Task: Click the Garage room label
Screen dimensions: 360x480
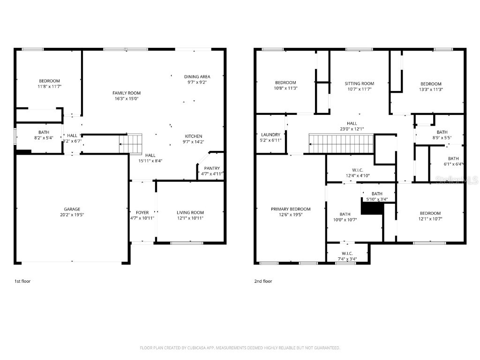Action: tap(72, 209)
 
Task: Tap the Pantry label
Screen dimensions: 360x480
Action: tap(212, 168)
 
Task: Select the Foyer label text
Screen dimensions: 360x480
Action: tap(142, 212)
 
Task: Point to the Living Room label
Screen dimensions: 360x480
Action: tap(190, 212)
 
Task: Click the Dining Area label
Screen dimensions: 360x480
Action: tap(197, 76)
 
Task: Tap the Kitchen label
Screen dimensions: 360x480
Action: tap(193, 136)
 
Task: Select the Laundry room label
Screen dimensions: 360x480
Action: tap(271, 135)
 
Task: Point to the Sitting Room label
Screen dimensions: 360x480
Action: tap(360, 83)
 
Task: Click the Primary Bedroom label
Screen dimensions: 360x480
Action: tap(291, 209)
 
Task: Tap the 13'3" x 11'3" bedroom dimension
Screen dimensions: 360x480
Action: tap(431, 89)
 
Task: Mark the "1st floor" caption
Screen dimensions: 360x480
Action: tap(22, 281)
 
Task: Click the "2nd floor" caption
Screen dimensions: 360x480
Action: tap(263, 281)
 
